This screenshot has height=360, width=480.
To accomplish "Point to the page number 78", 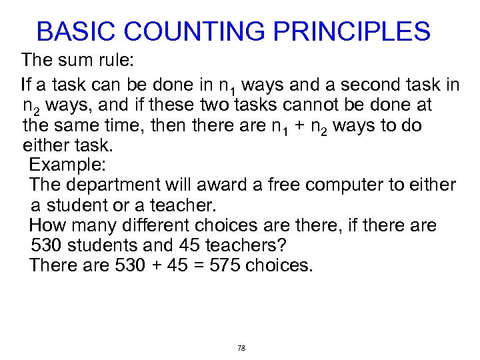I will pos(241,348).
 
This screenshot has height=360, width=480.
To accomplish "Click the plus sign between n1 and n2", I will pos(303,125).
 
